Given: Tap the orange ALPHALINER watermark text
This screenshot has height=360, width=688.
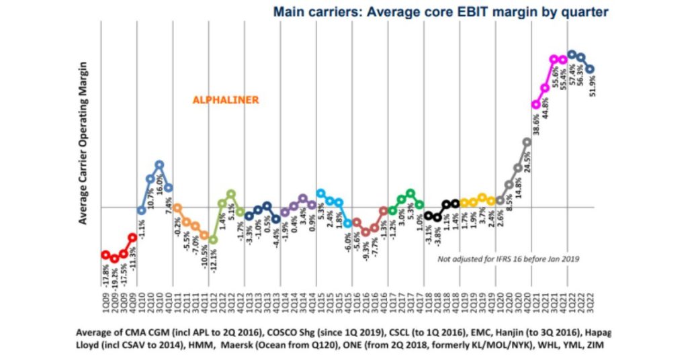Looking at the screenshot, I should pos(225,99).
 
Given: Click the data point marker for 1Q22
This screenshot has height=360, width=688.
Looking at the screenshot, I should pos(572,54).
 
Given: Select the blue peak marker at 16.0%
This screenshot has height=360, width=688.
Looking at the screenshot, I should pos(159,164).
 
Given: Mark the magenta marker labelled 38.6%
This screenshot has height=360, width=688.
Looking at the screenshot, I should pos(535,104).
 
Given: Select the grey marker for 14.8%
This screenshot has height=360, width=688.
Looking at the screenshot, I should pos(518,168).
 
